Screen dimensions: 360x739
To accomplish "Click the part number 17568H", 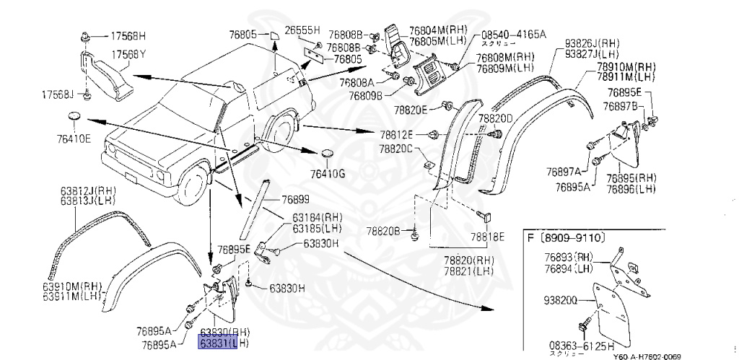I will click(128, 35).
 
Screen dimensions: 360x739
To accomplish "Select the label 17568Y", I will click(128, 54).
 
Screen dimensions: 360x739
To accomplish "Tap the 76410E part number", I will click(75, 138).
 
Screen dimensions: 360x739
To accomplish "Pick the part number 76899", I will click(294, 200).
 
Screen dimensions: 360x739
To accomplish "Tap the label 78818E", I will click(488, 235).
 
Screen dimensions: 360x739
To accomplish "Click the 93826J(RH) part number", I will click(592, 43).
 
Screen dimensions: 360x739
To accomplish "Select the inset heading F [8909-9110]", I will click(566, 237).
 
